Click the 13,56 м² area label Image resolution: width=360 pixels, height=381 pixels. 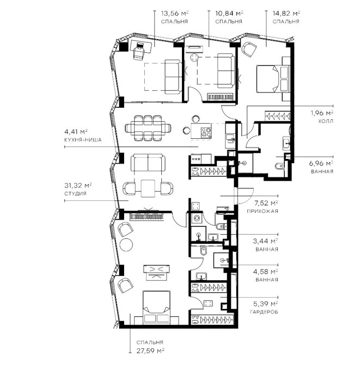pos(175,13)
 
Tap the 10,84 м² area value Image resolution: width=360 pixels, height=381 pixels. pos(229,13)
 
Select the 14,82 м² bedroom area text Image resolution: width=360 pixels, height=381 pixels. pos(286,13)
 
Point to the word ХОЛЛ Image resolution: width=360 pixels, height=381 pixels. pos(326,121)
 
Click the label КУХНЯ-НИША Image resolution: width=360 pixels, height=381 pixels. pos(83,140)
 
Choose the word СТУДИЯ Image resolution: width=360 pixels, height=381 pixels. pos(75,194)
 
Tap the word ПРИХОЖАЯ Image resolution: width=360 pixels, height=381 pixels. pos(263,211)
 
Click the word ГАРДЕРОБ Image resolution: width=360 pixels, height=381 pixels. pos(264,312)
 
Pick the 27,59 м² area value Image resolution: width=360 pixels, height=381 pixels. pos(150,351)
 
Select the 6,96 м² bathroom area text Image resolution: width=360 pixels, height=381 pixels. pos(321,163)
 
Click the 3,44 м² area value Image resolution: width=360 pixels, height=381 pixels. pos(266,241)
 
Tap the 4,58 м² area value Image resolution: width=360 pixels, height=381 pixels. pos(266,272)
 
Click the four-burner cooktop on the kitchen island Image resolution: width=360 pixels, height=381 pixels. pos(206,133)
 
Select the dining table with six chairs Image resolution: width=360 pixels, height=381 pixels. pos(148,128)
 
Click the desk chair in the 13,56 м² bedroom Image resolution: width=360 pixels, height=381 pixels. pos(139,51)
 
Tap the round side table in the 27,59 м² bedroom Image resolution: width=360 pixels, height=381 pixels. pos(126,245)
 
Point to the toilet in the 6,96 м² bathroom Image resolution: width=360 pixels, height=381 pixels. pos(279,166)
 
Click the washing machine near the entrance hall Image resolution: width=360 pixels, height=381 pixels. pos(196,218)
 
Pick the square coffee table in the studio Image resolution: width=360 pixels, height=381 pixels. pos(148,188)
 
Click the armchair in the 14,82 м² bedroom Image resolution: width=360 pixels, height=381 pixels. pos(249,50)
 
